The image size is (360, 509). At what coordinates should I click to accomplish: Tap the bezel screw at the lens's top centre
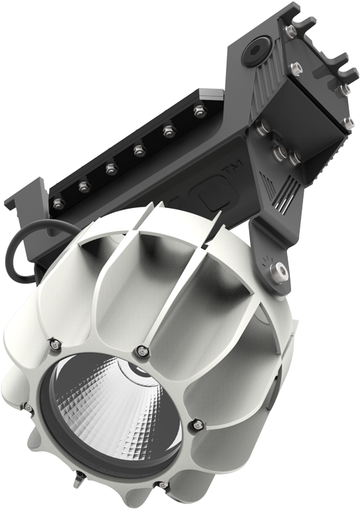pos(140,349)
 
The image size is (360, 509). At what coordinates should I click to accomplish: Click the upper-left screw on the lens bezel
pos(54,343)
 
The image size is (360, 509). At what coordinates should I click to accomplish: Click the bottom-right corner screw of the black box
pos(346,122)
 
